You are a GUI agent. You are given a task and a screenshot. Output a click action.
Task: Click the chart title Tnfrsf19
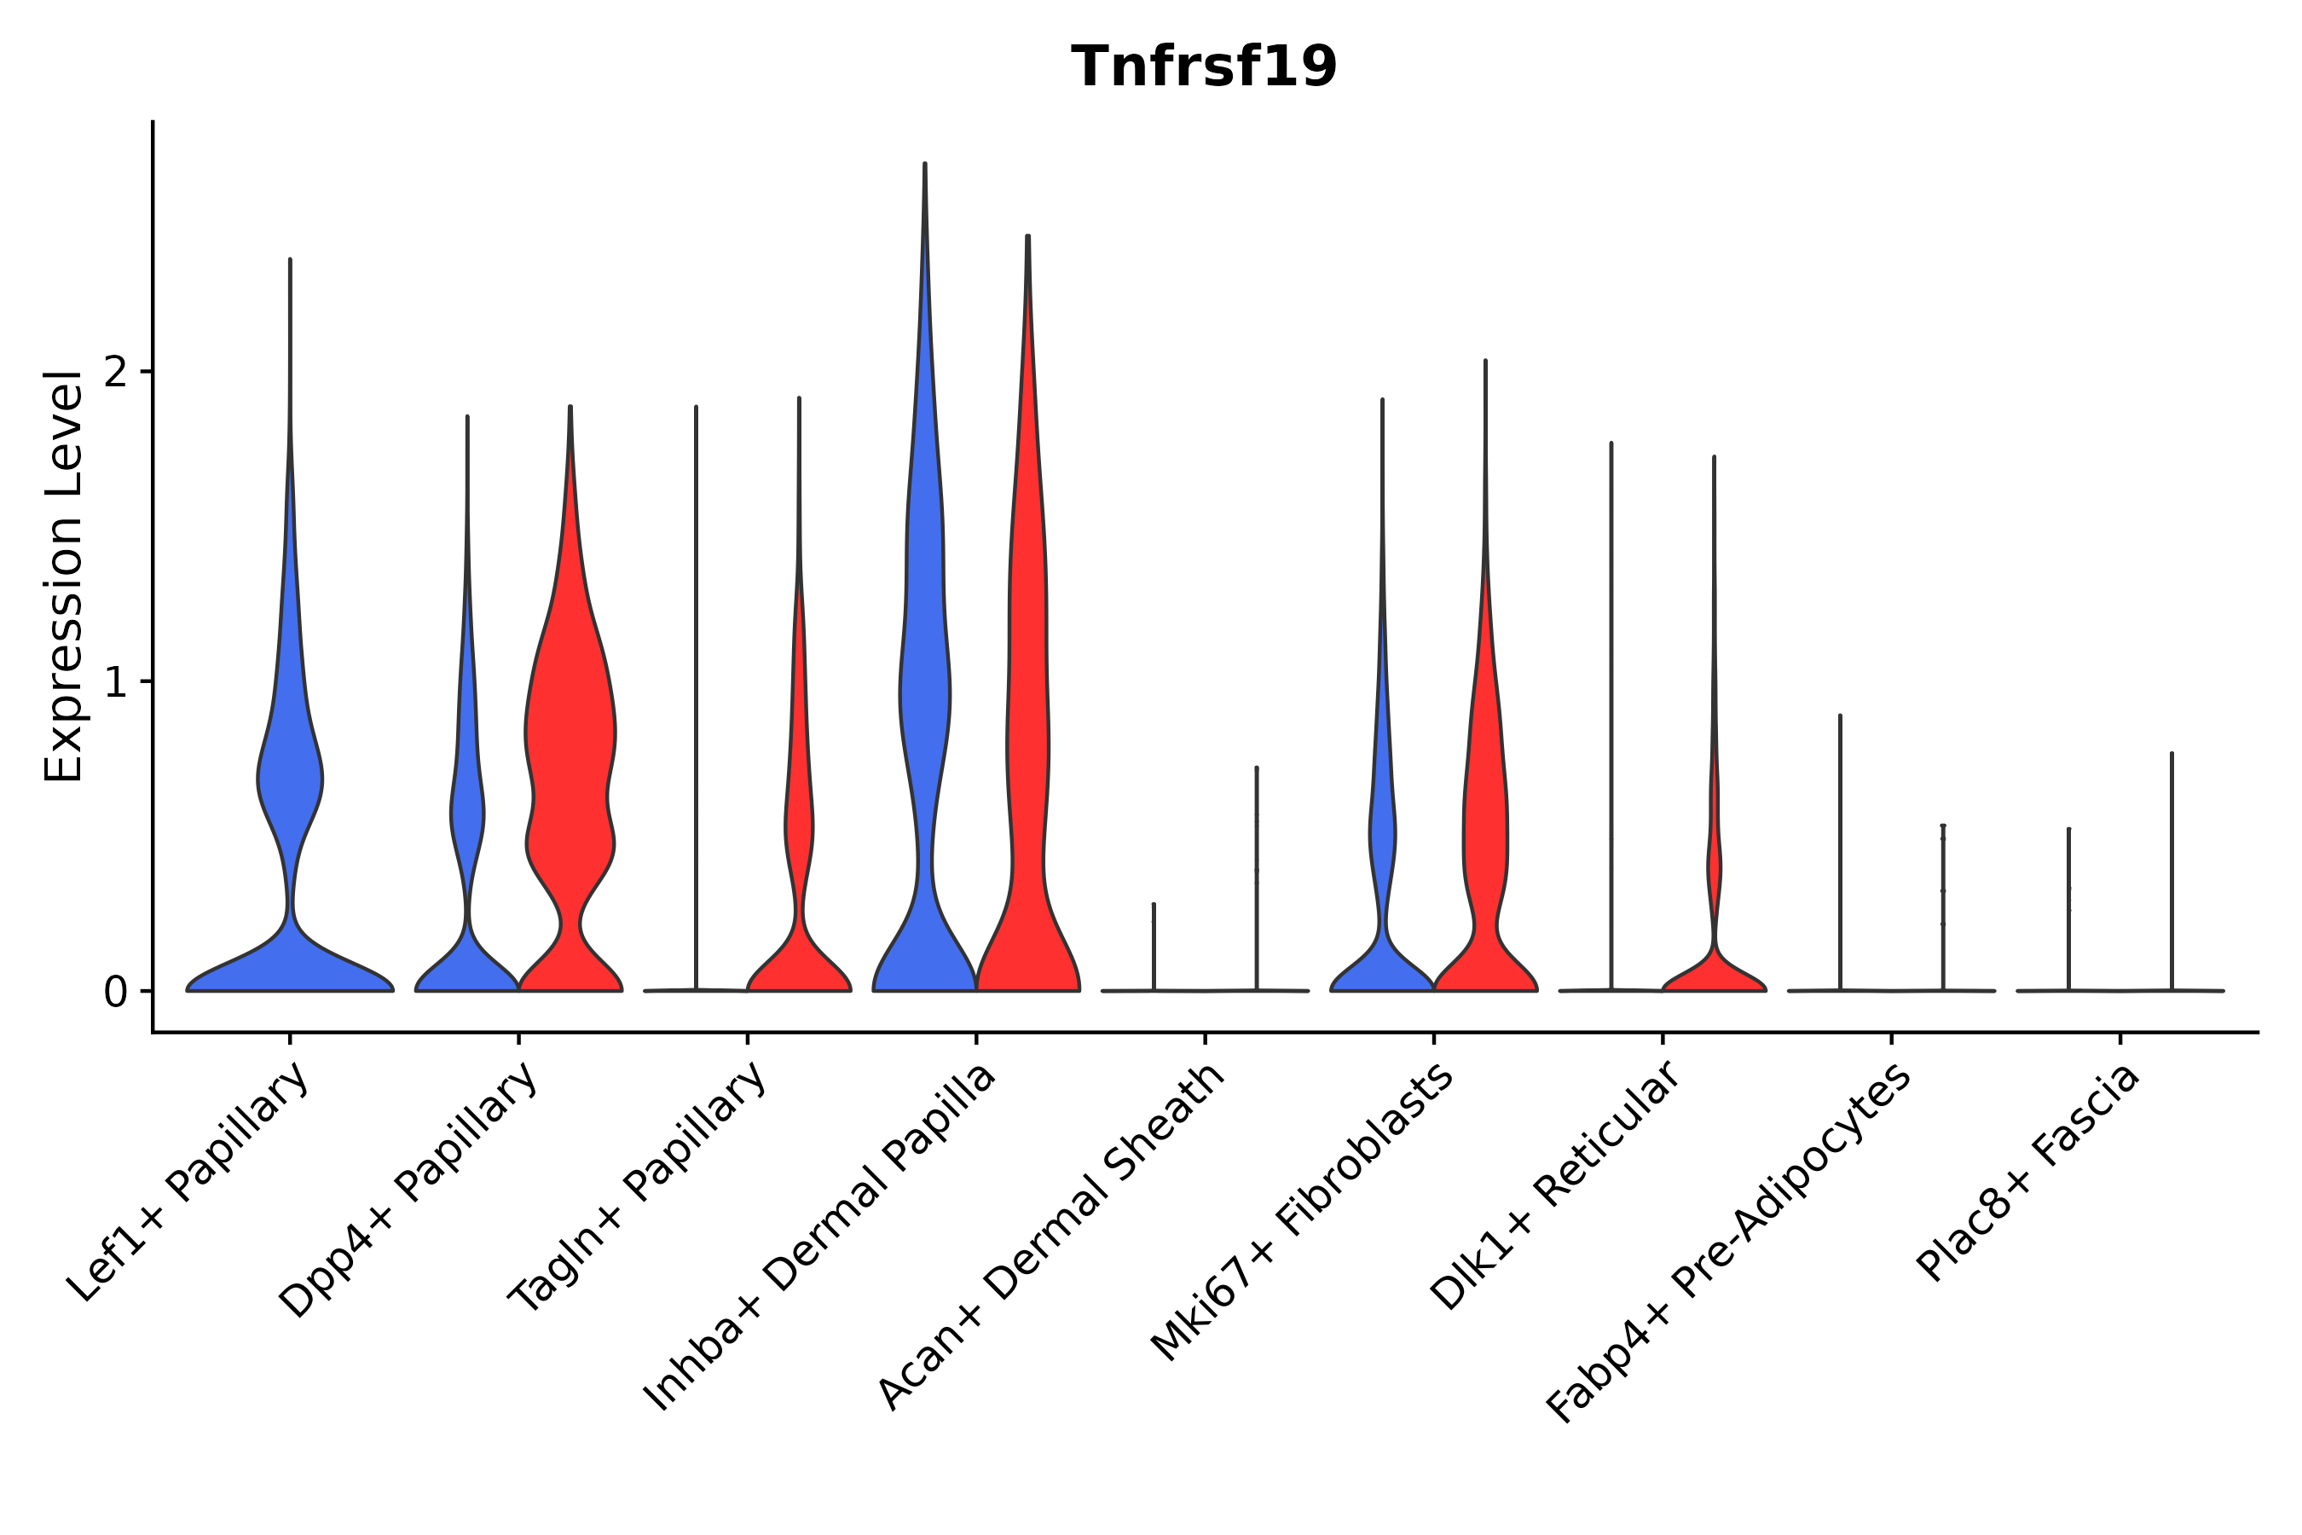(1204, 67)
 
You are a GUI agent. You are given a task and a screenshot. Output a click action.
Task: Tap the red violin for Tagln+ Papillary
(799, 832)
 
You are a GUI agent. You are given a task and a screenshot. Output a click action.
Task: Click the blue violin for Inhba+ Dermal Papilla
(924, 686)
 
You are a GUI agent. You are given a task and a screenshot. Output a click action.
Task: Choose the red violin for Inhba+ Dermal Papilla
(1027, 686)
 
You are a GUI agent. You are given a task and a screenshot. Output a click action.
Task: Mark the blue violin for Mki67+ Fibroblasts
(1382, 832)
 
